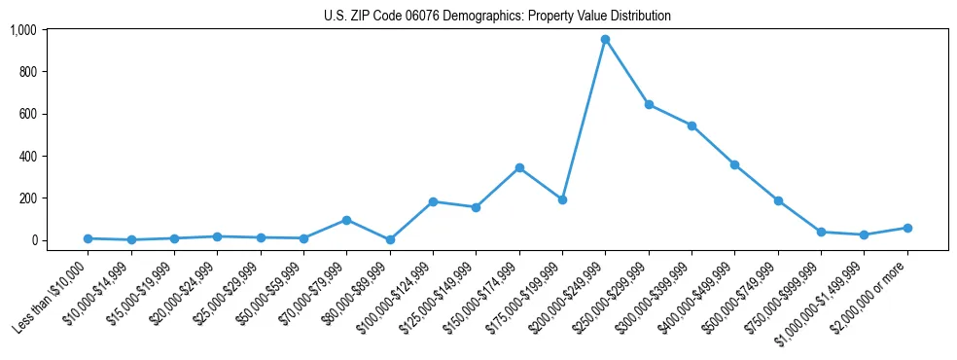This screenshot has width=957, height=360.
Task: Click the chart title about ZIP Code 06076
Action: pyautogui.click(x=497, y=17)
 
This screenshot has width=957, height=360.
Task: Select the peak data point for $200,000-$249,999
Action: pyautogui.click(x=605, y=39)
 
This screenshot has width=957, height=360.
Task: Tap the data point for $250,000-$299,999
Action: pyautogui.click(x=648, y=104)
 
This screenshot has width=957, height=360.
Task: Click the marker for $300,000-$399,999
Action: pyautogui.click(x=691, y=126)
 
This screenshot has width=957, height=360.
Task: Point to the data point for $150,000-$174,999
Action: pyautogui.click(x=519, y=167)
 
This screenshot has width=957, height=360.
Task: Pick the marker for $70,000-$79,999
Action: pyautogui.click(x=346, y=220)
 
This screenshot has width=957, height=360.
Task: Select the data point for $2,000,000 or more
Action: pyautogui.click(x=907, y=228)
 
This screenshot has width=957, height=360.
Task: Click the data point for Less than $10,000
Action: pyautogui.click(x=88, y=238)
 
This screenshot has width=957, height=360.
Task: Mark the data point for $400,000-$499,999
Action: pyautogui.click(x=734, y=164)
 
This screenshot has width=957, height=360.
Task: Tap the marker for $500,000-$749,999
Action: pyautogui.click(x=778, y=200)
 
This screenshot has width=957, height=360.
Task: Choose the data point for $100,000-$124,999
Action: pyautogui.click(x=433, y=201)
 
